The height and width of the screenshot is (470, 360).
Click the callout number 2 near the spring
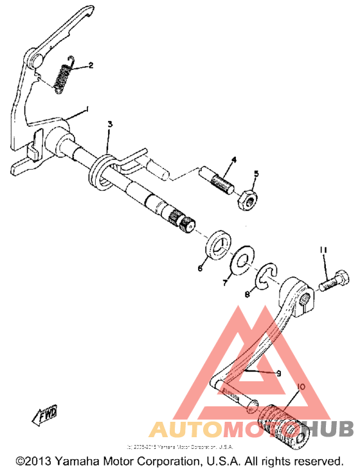(x=91, y=65)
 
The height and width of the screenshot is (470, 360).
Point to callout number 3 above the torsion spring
(x=110, y=123)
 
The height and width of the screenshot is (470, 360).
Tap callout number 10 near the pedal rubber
(x=300, y=387)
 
